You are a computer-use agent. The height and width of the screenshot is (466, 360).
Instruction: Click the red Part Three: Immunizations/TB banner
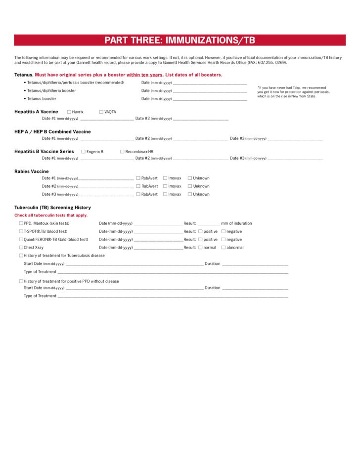tap(180, 40)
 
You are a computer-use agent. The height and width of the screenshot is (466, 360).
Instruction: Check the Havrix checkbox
tap(69, 112)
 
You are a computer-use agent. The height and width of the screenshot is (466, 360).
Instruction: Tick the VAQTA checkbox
tap(101, 112)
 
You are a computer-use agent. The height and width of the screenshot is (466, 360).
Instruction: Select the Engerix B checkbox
tap(83, 151)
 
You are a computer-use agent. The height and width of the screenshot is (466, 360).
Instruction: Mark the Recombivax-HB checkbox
tap(122, 151)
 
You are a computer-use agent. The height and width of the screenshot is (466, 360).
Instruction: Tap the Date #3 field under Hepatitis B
tap(295, 159)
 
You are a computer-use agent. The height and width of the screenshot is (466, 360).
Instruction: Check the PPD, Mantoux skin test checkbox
tap(21, 223)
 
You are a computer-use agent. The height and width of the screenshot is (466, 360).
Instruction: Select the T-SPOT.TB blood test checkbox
tap(21, 231)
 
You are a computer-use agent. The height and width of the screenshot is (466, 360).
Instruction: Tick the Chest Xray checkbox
tap(21, 247)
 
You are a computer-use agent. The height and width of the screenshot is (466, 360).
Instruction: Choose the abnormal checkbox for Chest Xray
tap(224, 247)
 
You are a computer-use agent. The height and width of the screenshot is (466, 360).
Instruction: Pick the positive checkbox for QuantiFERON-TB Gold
tap(200, 239)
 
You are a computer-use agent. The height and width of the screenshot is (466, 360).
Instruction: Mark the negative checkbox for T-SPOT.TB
tap(224, 231)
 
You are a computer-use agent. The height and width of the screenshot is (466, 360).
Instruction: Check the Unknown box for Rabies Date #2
tap(190, 186)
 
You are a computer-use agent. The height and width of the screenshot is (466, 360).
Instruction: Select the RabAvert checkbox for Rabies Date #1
tap(138, 178)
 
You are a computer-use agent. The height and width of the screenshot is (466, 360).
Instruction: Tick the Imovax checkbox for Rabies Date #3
tap(165, 194)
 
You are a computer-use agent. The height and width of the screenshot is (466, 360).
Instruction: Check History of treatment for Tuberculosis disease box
tap(21, 255)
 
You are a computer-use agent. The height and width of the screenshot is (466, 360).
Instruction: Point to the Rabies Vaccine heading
tap(32, 171)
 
